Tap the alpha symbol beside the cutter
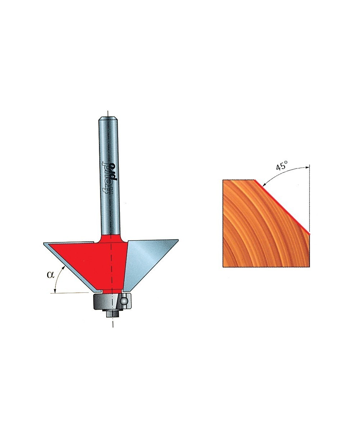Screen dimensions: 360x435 click(x=50, y=275)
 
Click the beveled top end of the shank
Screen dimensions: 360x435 click(x=108, y=118)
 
